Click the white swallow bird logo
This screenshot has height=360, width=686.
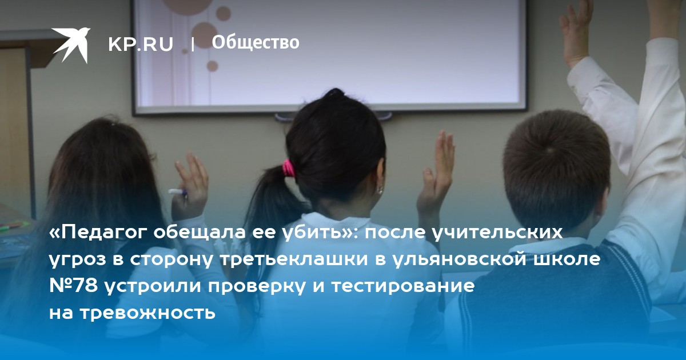coord(71,45)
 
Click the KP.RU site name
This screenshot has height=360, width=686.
coord(141,45)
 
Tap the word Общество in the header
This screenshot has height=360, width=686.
coord(256,42)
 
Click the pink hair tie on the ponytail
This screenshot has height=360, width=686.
coord(288,168)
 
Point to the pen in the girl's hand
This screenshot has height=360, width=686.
coord(178,192)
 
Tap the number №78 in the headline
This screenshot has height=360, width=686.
coord(74,286)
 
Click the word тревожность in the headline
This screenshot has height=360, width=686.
coord(149,313)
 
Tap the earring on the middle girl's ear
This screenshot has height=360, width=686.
coord(380,190)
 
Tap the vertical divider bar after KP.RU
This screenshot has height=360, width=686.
coord(193,45)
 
